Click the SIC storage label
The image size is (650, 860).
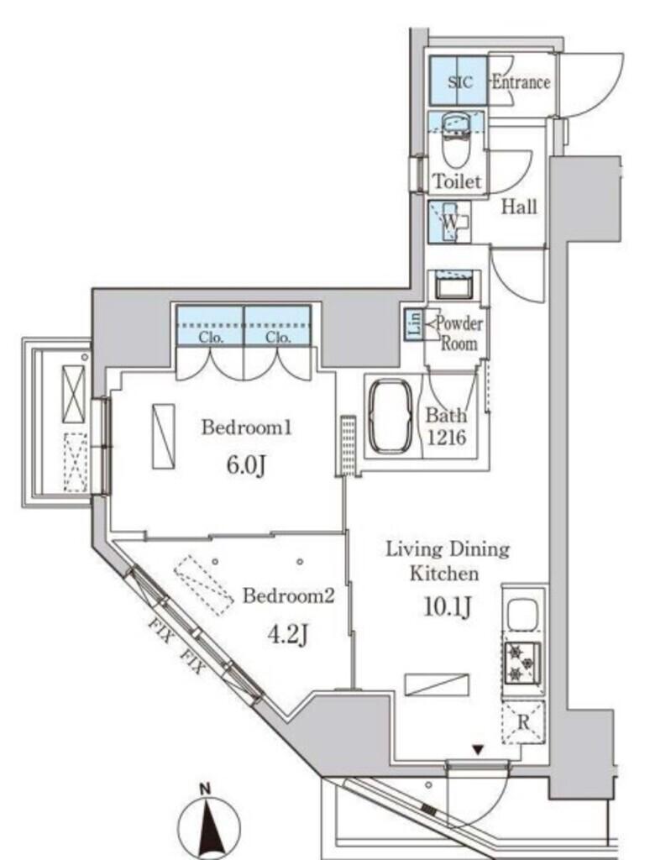pyautogui.click(x=459, y=82)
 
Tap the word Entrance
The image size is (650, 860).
pyautogui.click(x=521, y=82)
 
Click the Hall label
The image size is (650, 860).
pyautogui.click(x=520, y=207)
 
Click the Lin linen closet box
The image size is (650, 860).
pyautogui.click(x=413, y=323)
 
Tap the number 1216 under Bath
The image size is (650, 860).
pyautogui.click(x=447, y=437)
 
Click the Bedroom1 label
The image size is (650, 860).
pyautogui.click(x=246, y=427)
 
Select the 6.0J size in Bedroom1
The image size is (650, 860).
pyautogui.click(x=246, y=465)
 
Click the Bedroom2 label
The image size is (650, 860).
pyautogui.click(x=289, y=595)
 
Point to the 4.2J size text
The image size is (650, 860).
pyautogui.click(x=287, y=635)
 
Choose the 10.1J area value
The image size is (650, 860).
pyautogui.click(x=448, y=606)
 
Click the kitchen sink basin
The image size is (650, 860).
pyautogui.click(x=522, y=614)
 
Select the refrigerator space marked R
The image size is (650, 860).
pyautogui.click(x=523, y=721)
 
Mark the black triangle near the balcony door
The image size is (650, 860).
pyautogui.click(x=479, y=749)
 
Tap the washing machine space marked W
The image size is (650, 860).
pyautogui.click(x=450, y=222)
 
